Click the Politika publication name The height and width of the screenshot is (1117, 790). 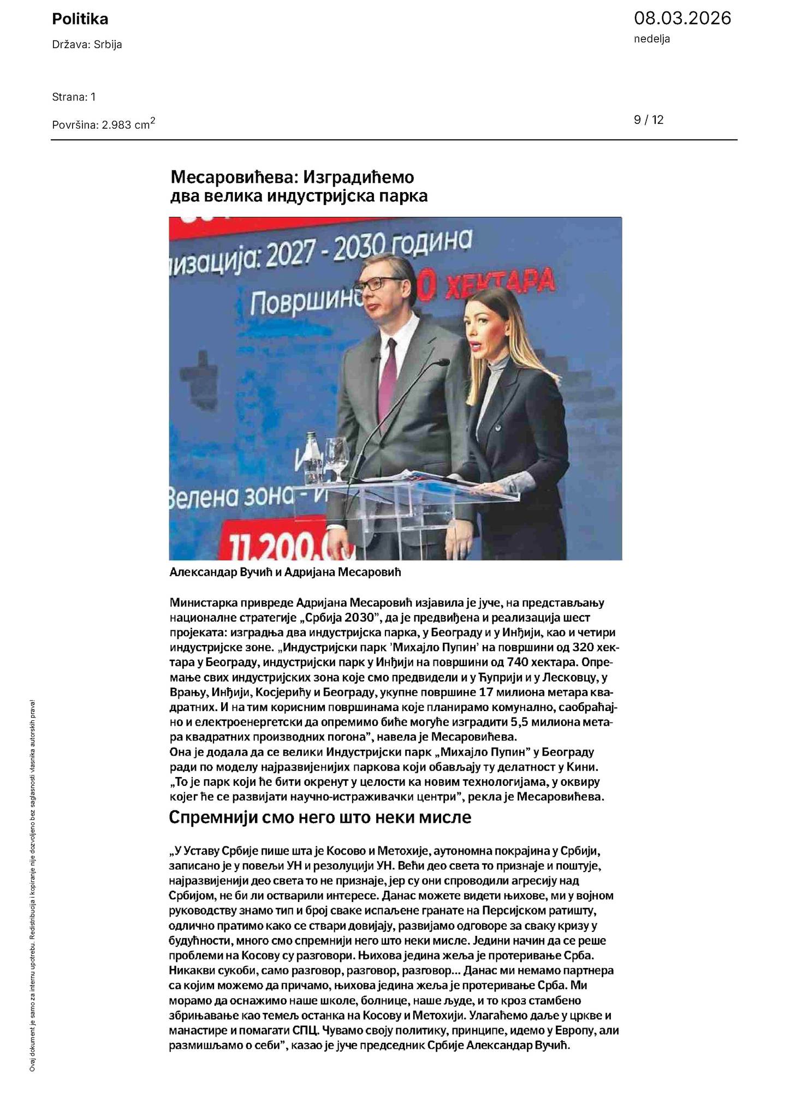click(x=80, y=19)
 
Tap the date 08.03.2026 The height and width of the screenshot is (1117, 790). click(x=682, y=19)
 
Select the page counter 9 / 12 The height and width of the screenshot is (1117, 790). click(x=649, y=120)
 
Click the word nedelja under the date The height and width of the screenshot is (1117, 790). click(x=652, y=39)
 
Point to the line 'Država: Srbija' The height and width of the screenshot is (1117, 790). click(x=87, y=45)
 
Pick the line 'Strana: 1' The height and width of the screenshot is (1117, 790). click(x=74, y=97)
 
